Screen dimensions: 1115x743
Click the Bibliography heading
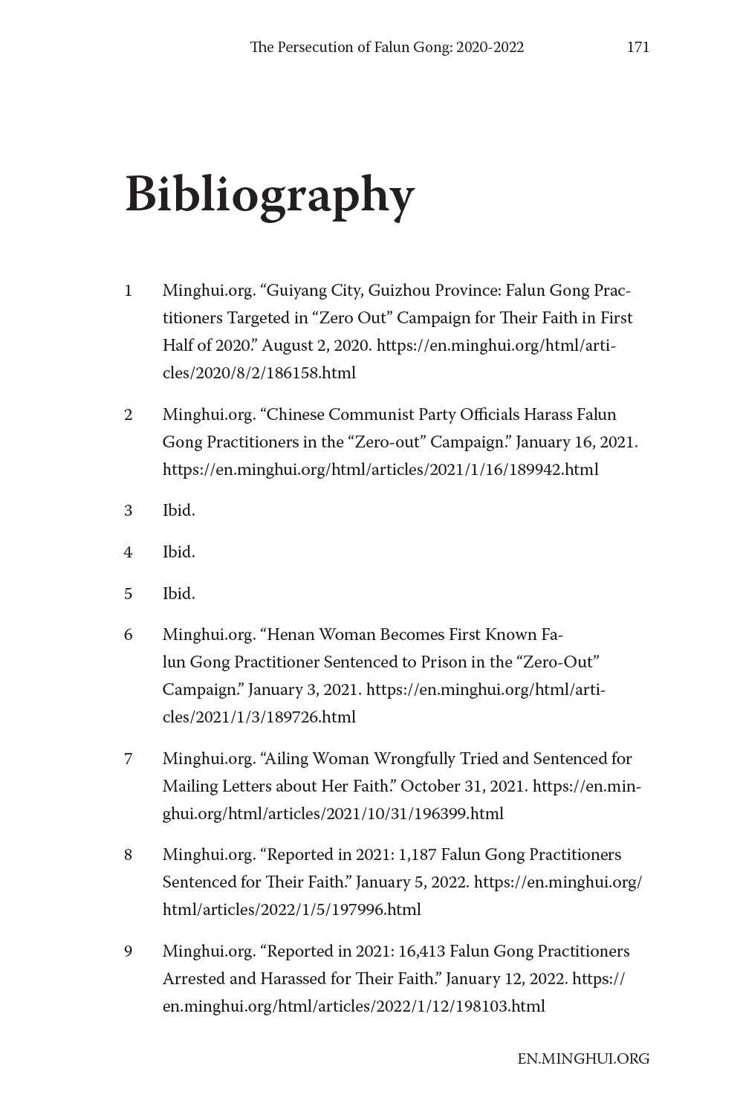click(269, 195)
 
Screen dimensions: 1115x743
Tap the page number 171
click(637, 48)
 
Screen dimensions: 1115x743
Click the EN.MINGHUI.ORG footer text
click(583, 1059)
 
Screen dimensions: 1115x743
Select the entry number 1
click(129, 291)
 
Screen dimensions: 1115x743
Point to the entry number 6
click(129, 635)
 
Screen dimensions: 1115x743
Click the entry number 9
click(129, 951)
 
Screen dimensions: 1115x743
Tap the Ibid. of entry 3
click(178, 511)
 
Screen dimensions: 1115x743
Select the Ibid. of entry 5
click(178, 594)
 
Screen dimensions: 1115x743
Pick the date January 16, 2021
click(576, 442)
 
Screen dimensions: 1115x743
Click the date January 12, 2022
click(507, 979)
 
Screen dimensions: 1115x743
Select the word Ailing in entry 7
click(288, 759)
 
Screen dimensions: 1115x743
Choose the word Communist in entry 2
click(371, 415)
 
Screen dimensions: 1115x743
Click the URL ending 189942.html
click(380, 470)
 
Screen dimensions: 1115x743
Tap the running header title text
click(386, 48)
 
